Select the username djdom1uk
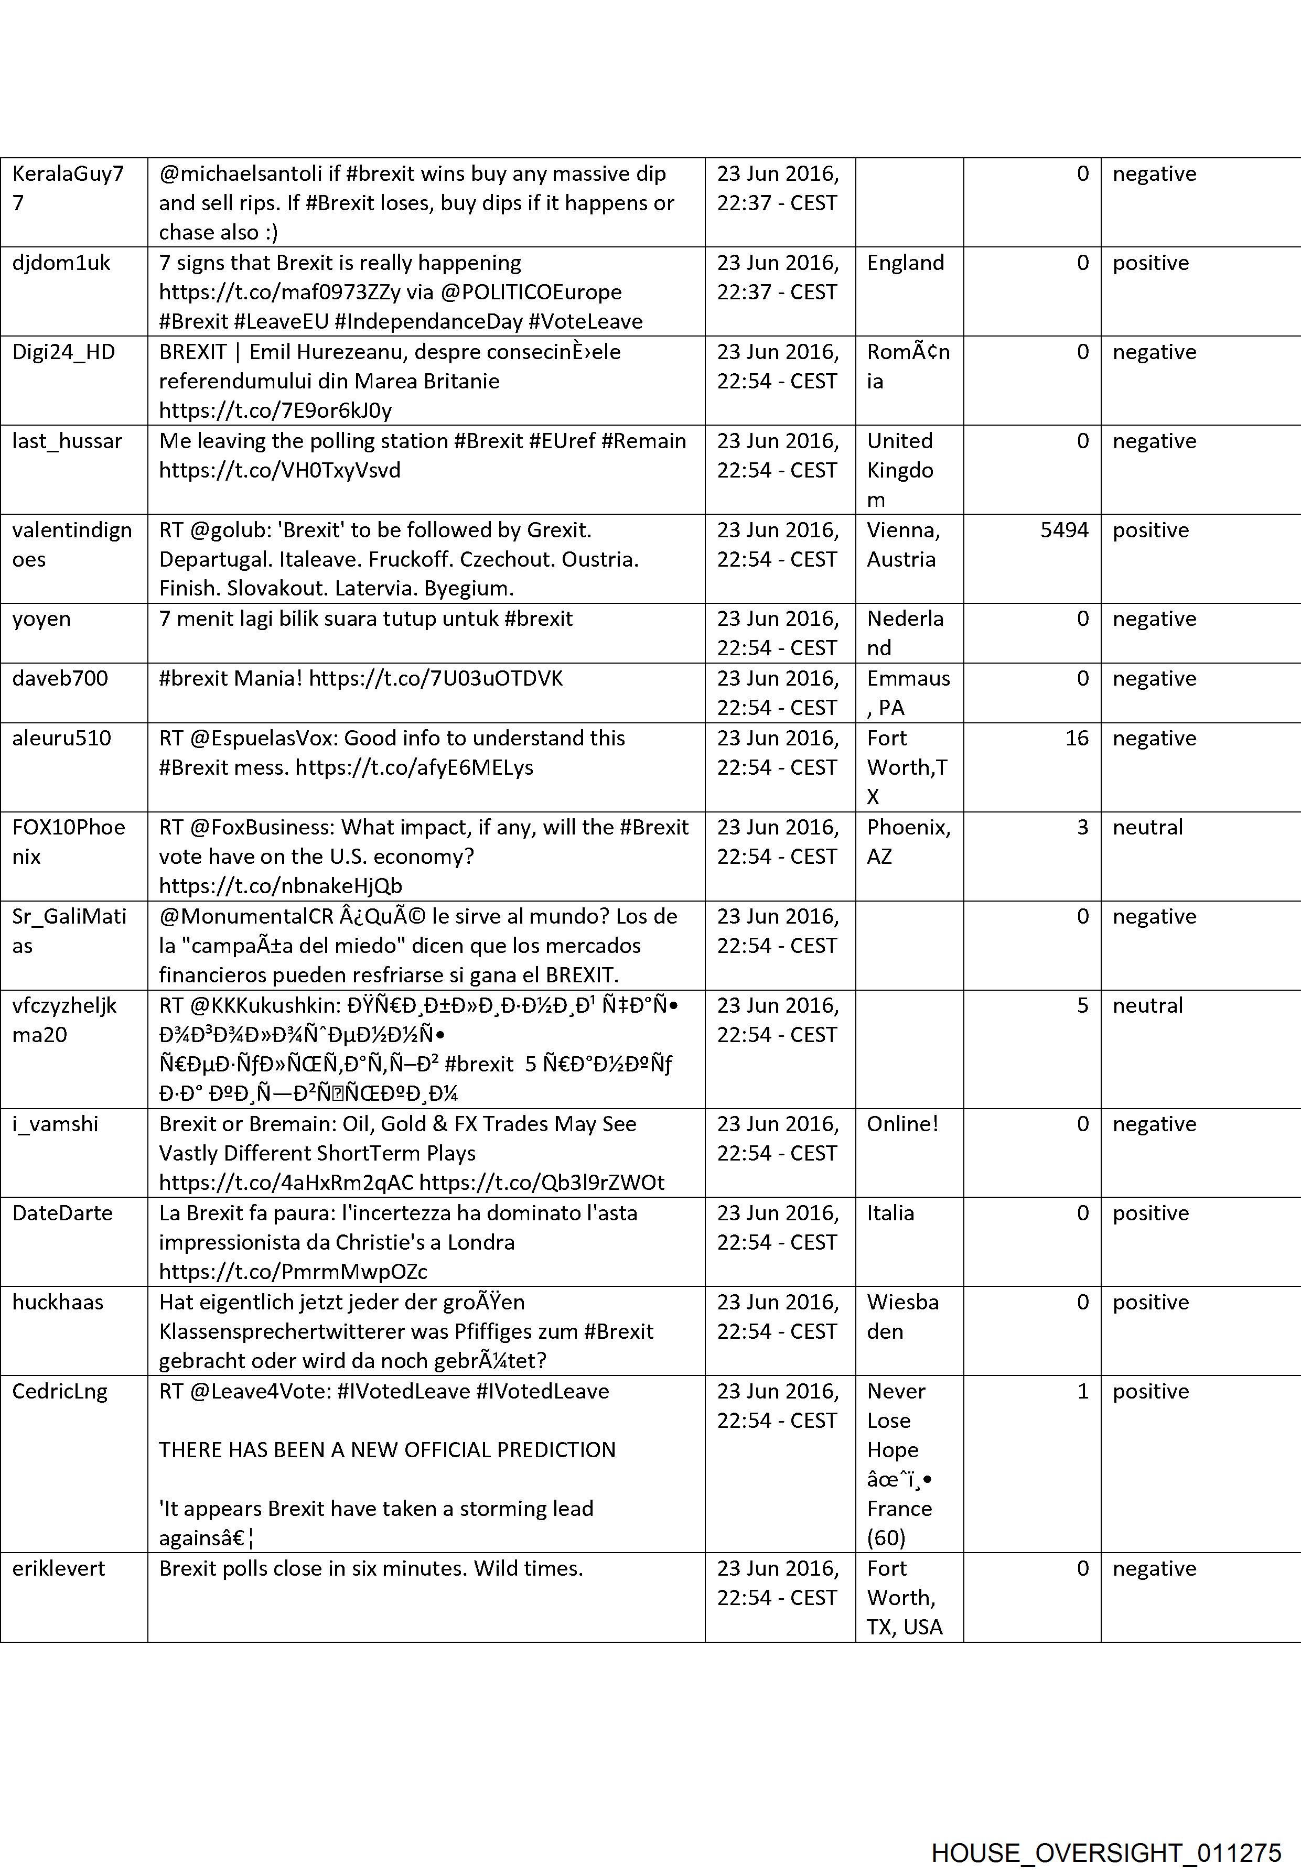click(x=61, y=263)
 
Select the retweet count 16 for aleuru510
click(x=1076, y=738)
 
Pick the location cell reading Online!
click(x=902, y=1124)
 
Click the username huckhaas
click(x=58, y=1302)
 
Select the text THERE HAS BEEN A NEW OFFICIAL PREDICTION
click(x=387, y=1450)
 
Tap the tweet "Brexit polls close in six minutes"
click(x=371, y=1568)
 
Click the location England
click(x=905, y=263)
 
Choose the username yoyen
click(x=41, y=619)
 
